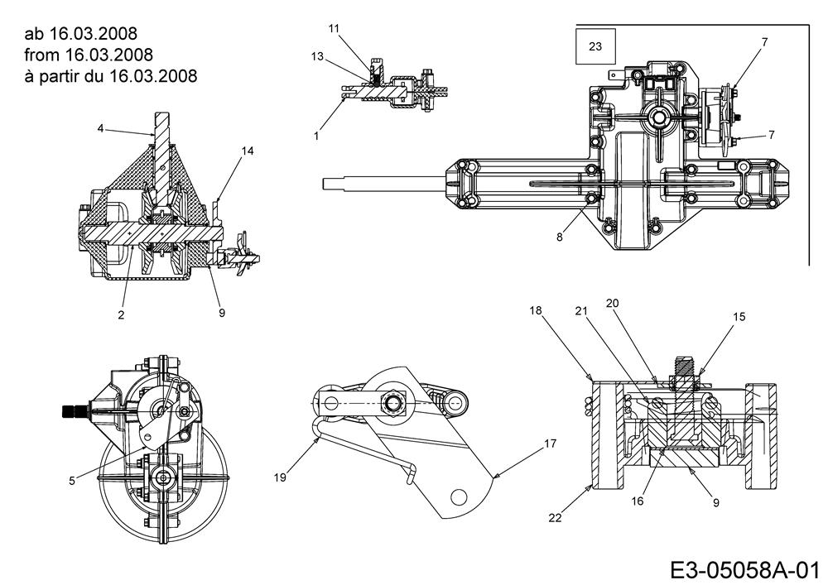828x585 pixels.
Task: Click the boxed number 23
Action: point(595,46)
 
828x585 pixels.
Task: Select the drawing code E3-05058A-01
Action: point(744,569)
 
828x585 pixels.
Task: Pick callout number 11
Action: point(334,28)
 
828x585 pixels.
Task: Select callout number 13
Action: point(317,56)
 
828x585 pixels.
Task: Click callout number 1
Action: point(316,135)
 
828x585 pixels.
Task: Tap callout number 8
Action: point(561,237)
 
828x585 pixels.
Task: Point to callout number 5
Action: point(73,478)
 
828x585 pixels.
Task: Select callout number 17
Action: point(549,444)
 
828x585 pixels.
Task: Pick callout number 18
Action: point(536,309)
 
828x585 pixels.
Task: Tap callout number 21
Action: point(580,311)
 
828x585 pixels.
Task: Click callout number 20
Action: point(613,303)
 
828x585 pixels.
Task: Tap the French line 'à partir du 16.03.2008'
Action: point(111,77)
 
